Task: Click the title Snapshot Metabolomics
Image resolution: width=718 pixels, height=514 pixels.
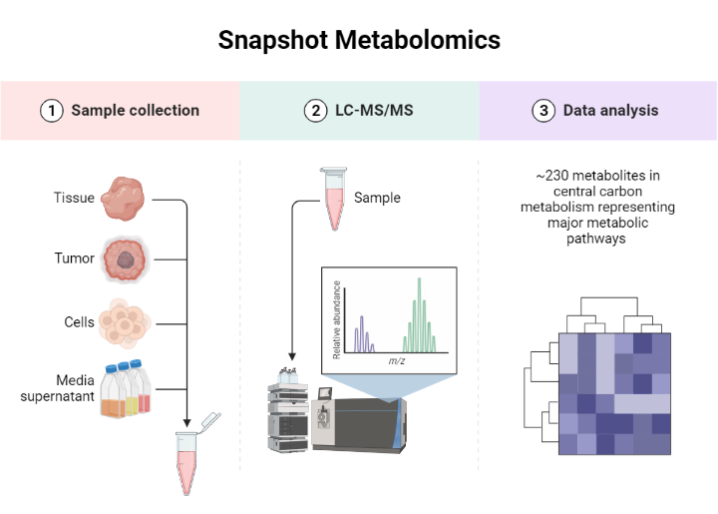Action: click(359, 41)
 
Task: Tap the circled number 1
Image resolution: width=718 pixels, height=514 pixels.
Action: click(51, 110)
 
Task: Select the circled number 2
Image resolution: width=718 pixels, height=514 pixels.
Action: click(316, 110)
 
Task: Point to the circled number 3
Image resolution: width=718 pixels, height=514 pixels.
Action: click(543, 110)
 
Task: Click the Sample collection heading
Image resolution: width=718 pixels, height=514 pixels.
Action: click(135, 110)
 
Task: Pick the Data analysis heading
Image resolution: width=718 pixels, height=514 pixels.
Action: click(610, 110)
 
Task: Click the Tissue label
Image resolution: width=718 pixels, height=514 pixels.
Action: click(74, 198)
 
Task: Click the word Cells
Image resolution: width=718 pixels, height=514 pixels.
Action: click(79, 322)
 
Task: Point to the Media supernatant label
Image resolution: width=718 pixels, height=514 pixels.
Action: click(59, 388)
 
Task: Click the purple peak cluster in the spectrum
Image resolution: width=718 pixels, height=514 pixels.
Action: click(364, 334)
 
